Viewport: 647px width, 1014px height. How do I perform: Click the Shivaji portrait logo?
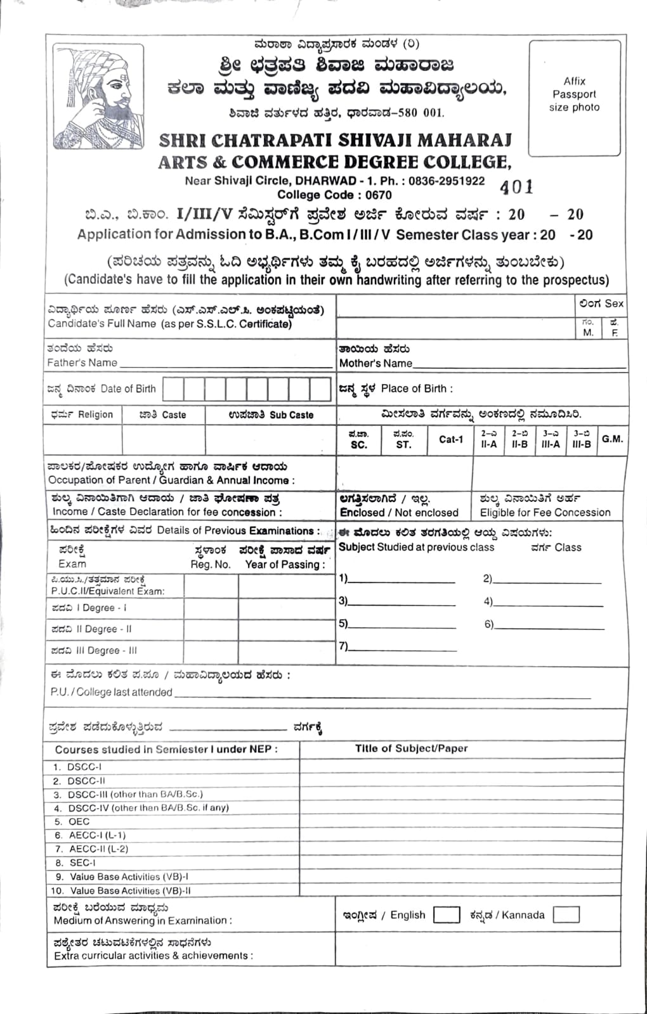coord(99,96)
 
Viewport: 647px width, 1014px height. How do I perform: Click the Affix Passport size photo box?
coord(574,98)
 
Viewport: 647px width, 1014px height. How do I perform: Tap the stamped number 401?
coord(516,187)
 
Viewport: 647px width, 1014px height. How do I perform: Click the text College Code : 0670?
coord(334,195)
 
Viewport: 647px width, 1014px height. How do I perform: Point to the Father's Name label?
coord(82,363)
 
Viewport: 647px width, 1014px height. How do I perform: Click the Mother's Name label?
coord(376,363)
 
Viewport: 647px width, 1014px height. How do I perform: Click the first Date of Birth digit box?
coord(173,389)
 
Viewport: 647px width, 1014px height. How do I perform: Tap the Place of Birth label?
coord(417,388)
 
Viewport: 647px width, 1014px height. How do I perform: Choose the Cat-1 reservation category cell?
coord(451,439)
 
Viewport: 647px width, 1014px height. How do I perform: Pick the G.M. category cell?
coord(612,439)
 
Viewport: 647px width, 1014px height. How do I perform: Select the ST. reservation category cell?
coord(403,440)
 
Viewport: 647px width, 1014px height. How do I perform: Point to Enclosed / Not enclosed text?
coord(398,512)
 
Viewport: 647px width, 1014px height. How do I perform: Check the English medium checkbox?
coord(447,915)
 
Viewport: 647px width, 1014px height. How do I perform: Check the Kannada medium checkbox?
coord(566,915)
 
